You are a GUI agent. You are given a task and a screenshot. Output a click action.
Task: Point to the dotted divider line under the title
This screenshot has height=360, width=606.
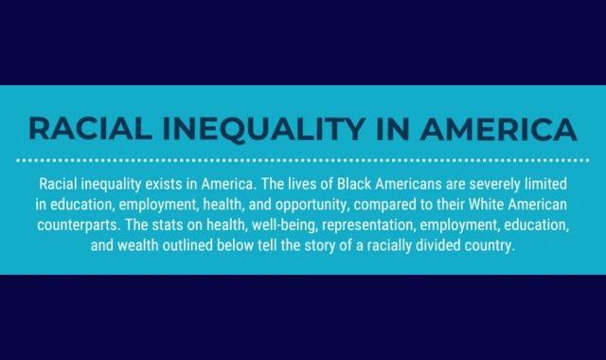point(303,157)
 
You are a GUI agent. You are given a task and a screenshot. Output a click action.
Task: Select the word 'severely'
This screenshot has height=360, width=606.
point(504,182)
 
